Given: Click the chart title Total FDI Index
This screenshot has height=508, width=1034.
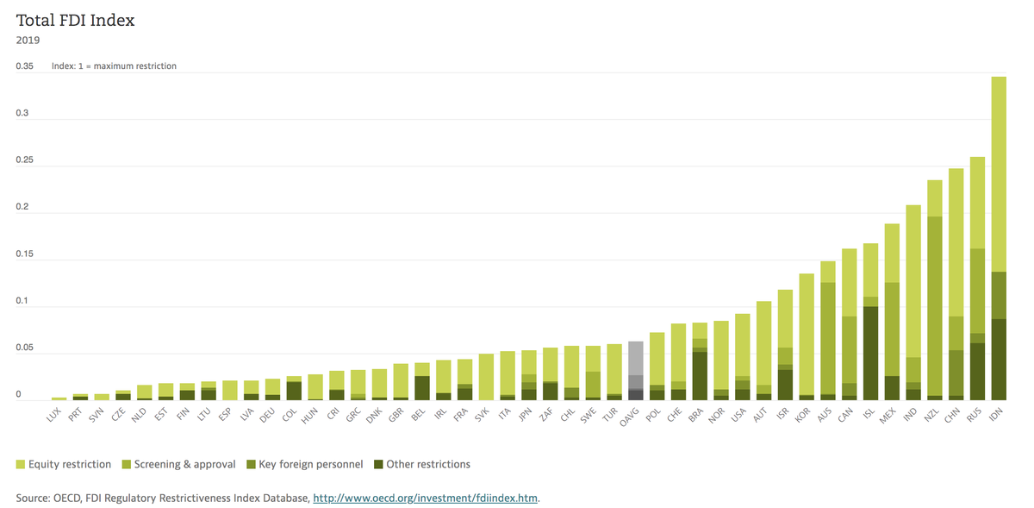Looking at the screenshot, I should (75, 20).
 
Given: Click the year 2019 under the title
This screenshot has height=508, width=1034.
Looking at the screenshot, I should (28, 40).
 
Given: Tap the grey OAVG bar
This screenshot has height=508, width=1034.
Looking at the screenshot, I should (635, 371).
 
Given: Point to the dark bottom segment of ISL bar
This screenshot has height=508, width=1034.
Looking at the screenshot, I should (870, 353).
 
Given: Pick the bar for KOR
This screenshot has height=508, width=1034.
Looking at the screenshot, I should (807, 336).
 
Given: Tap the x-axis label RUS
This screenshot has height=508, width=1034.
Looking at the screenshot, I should (975, 417).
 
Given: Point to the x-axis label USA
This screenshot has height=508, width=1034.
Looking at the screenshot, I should (740, 417).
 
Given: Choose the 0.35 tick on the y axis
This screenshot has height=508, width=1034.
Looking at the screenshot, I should (25, 66).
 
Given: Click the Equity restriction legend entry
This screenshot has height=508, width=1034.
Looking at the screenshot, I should (65, 464).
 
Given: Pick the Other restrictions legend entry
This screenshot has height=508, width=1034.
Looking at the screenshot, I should (421, 464).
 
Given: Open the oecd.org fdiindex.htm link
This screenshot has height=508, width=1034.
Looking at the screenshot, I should (426, 498).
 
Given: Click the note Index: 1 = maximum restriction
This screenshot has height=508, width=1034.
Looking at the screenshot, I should (114, 66).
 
